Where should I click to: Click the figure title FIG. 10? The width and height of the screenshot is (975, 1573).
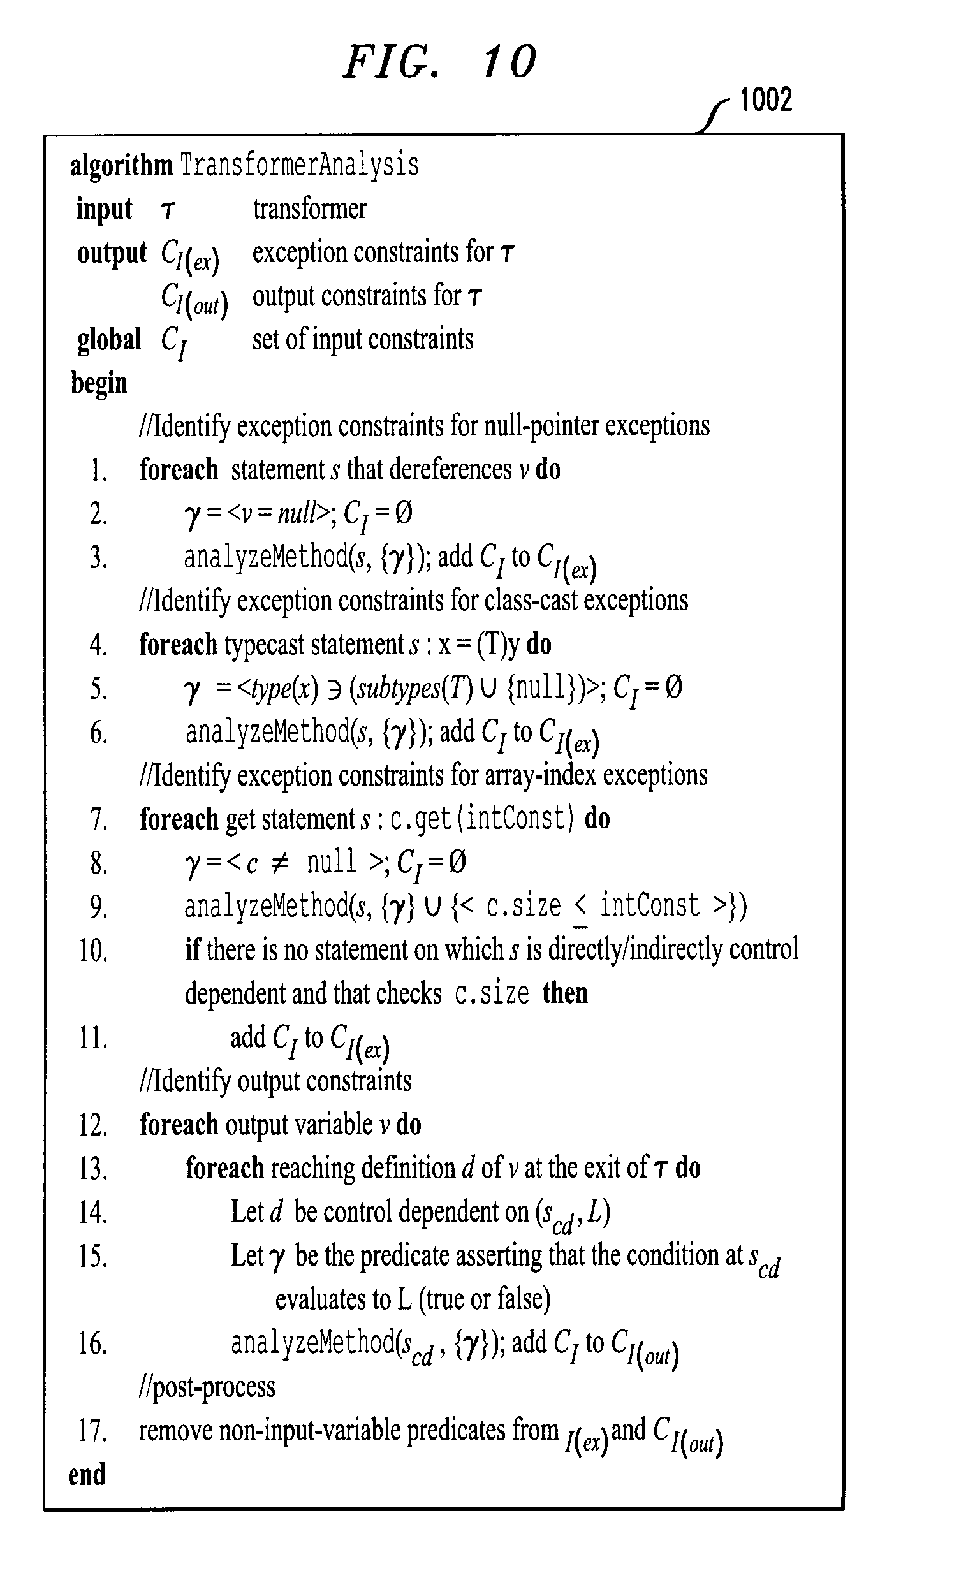click(x=440, y=62)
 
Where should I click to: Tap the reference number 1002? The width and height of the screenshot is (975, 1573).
click(x=765, y=100)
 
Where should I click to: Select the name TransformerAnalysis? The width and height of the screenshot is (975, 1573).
click(x=299, y=166)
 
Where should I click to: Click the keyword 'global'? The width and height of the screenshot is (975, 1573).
click(x=109, y=340)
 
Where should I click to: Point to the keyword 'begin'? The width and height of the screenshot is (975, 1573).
click(x=99, y=384)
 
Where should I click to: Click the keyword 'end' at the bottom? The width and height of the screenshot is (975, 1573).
click(x=87, y=1474)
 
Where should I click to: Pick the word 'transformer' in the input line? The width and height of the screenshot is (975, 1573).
click(x=309, y=209)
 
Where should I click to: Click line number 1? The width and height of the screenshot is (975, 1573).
click(x=98, y=471)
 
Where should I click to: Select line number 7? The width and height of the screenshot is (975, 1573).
click(x=98, y=819)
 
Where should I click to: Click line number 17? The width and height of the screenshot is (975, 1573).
click(x=93, y=1431)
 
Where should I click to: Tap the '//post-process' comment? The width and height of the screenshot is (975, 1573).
click(x=207, y=1387)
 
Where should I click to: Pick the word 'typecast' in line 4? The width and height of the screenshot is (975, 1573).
click(x=265, y=645)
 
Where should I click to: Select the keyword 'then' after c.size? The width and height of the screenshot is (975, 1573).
click(x=565, y=993)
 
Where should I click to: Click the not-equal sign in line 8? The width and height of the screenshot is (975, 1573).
click(x=280, y=863)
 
